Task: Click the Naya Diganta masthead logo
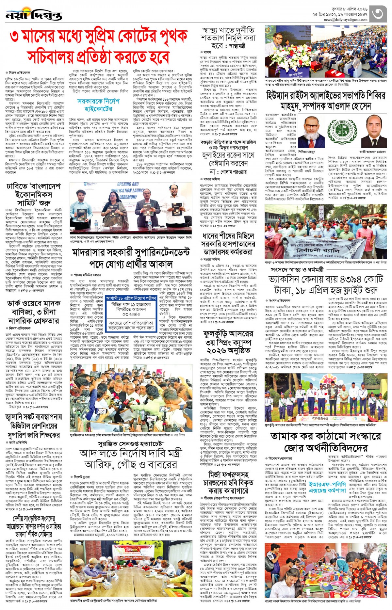[34, 15]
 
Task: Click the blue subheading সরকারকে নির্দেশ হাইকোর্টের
[98, 104]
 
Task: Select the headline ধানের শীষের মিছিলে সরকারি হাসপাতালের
[228, 240]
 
